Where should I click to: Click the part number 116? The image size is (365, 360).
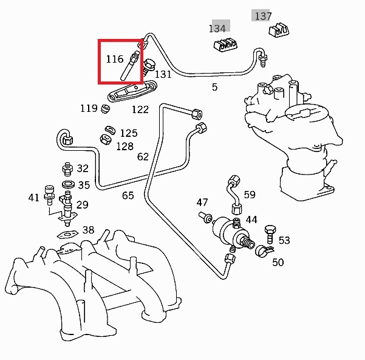(x=114, y=59)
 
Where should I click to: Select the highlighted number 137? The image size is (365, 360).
(x=262, y=16)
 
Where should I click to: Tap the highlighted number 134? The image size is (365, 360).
(x=217, y=28)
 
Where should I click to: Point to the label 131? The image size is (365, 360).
(x=163, y=74)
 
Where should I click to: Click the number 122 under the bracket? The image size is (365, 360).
(x=140, y=109)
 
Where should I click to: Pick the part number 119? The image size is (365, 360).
(x=89, y=108)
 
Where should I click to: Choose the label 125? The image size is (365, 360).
(x=128, y=133)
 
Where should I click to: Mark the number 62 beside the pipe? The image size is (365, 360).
(x=143, y=156)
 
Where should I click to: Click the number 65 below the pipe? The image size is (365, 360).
(x=128, y=195)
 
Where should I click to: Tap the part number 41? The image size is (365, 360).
(x=34, y=197)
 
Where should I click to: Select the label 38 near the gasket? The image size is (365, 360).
(x=88, y=230)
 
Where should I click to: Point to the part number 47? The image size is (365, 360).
(x=202, y=202)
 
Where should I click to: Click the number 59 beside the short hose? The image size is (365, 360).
(x=250, y=195)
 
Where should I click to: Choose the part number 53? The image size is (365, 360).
(x=284, y=241)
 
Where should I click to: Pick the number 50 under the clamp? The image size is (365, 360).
(x=278, y=262)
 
